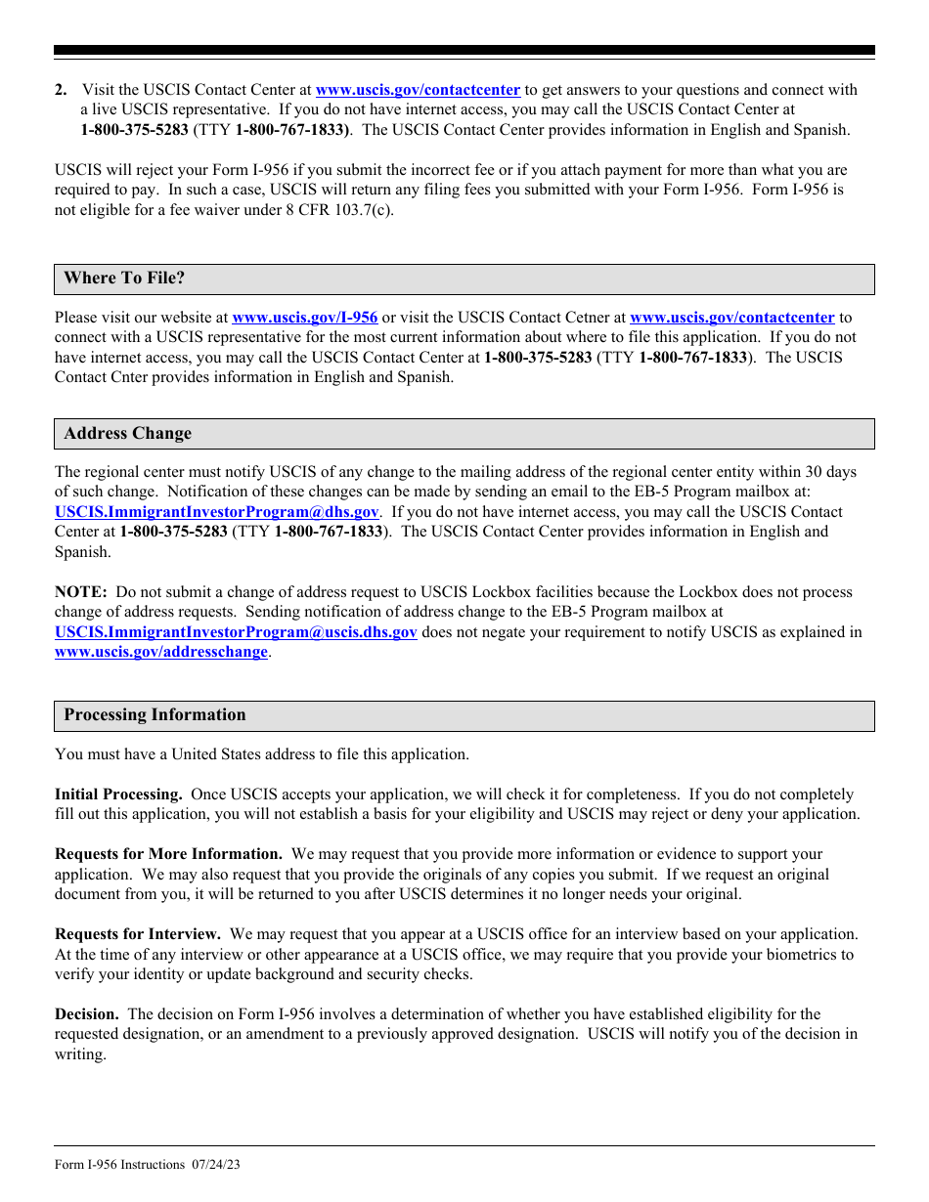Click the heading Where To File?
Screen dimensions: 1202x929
124,279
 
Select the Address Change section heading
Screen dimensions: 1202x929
128,434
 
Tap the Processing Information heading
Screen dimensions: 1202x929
155,715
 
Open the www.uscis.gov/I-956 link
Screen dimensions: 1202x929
304,318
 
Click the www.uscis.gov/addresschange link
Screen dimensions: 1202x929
161,652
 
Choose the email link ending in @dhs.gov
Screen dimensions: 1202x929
216,512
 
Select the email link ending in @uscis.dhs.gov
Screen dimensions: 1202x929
236,632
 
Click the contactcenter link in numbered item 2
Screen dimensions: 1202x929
418,90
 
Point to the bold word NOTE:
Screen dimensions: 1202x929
80,592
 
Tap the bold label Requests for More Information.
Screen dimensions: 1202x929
168,854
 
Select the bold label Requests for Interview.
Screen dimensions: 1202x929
137,934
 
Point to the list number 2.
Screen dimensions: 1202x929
61,90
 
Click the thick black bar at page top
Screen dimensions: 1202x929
464,50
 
